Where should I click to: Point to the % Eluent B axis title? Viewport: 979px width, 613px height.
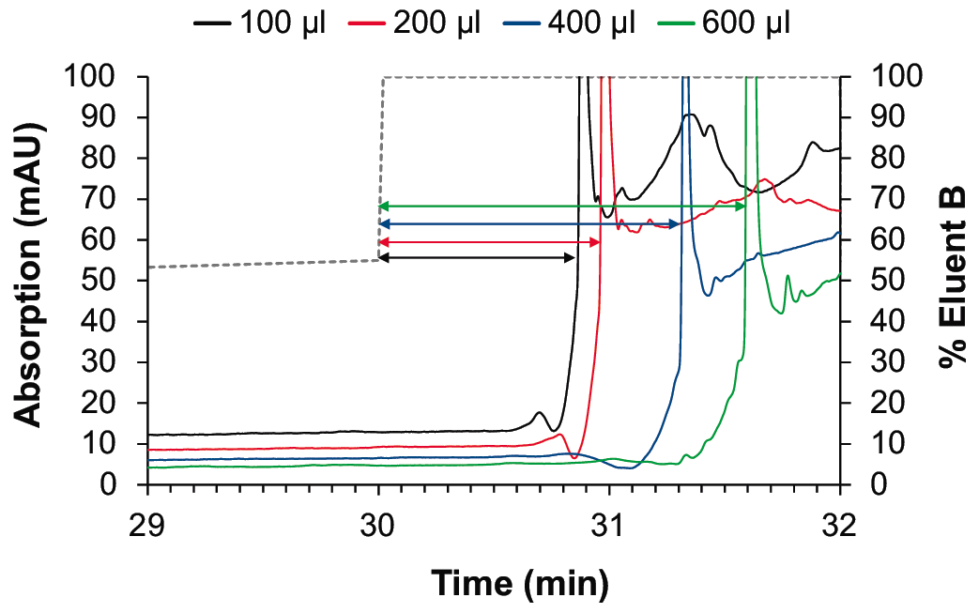click(x=955, y=281)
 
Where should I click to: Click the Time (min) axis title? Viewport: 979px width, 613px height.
click(x=519, y=583)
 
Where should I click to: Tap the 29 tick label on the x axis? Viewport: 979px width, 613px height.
click(x=148, y=525)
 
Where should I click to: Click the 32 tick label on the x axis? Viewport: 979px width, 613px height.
click(x=839, y=525)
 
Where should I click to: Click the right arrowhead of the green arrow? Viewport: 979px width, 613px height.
click(x=742, y=206)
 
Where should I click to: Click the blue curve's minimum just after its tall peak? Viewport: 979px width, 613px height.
click(x=708, y=295)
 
